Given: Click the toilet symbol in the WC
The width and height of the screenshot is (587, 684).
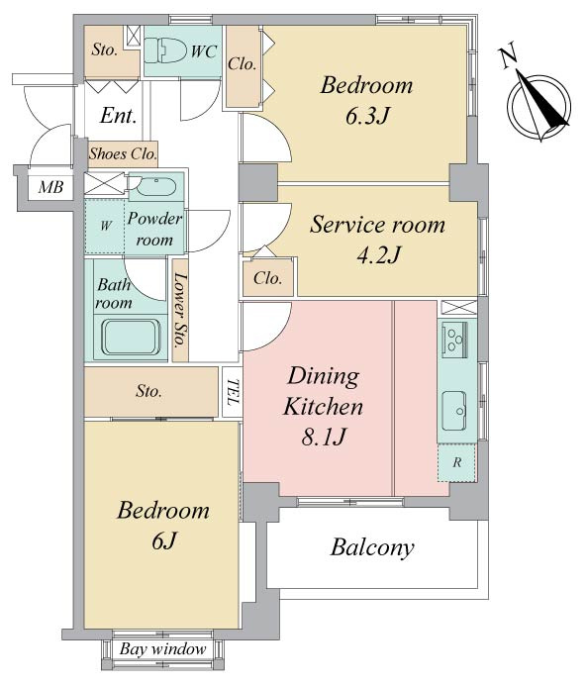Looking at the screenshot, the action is (x=164, y=50).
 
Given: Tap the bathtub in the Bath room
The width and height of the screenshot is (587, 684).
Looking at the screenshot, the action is (x=131, y=338).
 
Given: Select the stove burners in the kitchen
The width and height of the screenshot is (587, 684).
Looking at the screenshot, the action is (x=455, y=338).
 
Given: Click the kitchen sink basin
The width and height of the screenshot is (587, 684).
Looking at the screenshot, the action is (x=454, y=411).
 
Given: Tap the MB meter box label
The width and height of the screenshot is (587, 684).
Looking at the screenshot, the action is (x=51, y=187).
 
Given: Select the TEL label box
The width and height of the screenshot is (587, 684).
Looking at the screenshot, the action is (x=233, y=392).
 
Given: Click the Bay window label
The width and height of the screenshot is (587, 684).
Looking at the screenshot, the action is (x=162, y=649).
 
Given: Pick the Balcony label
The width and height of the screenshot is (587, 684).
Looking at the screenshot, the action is (x=372, y=547).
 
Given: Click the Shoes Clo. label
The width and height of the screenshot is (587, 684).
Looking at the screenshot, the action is (x=123, y=154).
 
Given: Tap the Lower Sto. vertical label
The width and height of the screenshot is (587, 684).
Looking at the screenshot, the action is (x=180, y=310).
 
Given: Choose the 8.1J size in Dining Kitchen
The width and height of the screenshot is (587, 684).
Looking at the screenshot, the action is (x=324, y=437).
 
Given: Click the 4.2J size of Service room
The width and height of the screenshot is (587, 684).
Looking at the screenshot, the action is (x=378, y=254).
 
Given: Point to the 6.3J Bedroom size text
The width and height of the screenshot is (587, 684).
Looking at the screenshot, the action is (x=367, y=116).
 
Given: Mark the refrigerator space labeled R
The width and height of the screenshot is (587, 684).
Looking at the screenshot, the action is (x=456, y=462).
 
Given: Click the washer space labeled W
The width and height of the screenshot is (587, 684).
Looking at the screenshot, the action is (x=105, y=226).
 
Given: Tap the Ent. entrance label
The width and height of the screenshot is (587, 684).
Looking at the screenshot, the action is (x=118, y=116).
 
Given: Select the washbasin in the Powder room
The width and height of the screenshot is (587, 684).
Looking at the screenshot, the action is (x=155, y=187).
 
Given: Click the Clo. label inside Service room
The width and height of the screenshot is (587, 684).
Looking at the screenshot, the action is (x=267, y=278).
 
